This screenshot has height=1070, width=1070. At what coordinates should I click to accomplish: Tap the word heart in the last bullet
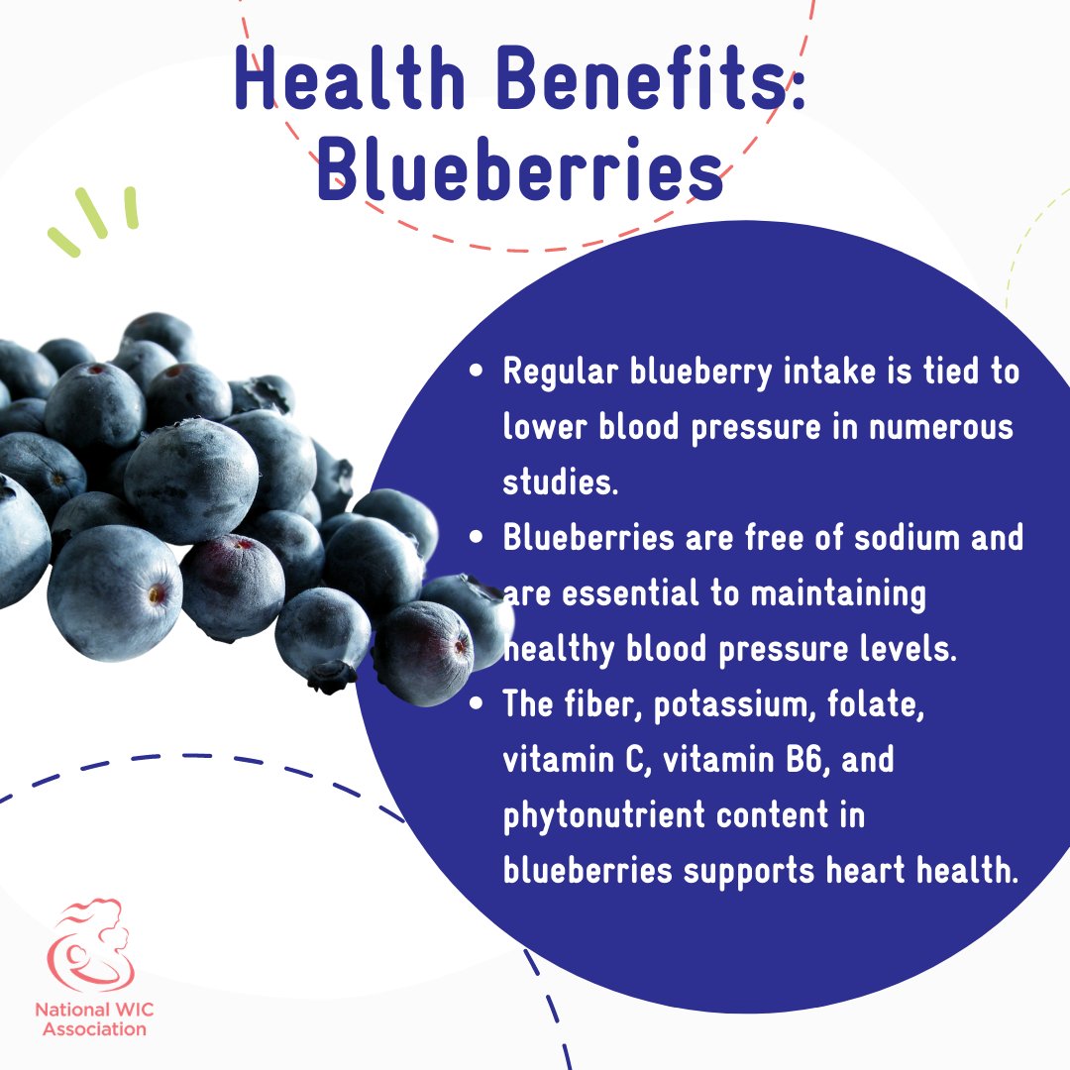(861, 871)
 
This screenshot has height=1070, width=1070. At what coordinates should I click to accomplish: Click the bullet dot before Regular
(479, 374)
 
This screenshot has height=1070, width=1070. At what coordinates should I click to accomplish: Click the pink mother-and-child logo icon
(91, 946)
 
